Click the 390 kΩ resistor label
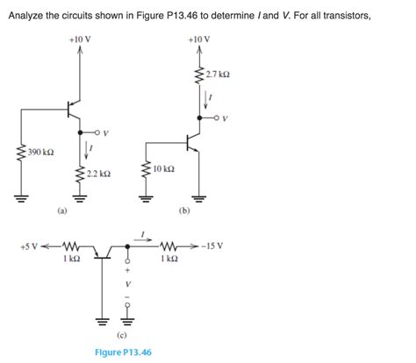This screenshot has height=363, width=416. (x=40, y=152)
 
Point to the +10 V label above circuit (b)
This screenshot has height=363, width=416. (x=198, y=40)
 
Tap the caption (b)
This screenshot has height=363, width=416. (x=183, y=210)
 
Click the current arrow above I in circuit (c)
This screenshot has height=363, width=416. (x=144, y=236)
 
